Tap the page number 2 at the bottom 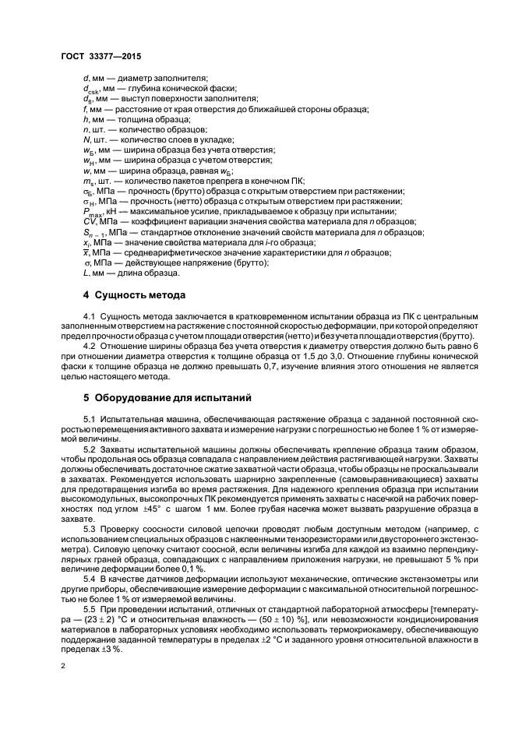64,667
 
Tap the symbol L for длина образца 85,273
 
